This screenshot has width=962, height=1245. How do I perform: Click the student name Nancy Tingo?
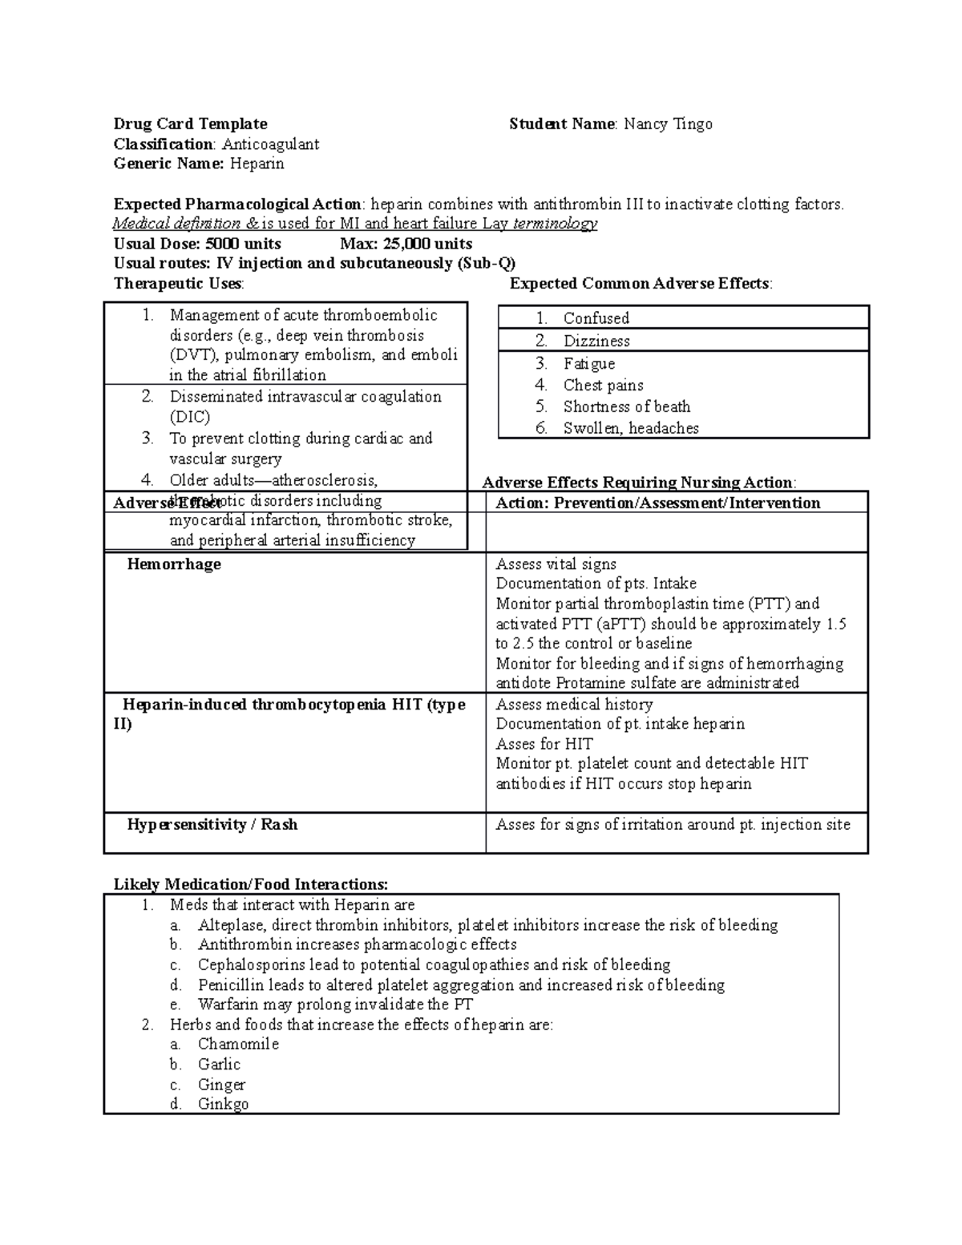tap(668, 124)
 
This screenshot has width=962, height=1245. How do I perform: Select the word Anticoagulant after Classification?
tap(270, 144)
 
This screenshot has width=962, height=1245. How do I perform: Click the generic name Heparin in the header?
tap(257, 164)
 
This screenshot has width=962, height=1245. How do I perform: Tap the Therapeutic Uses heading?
tap(178, 284)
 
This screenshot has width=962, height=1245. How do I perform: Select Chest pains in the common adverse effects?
tap(603, 386)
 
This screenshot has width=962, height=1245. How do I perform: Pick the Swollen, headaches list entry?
tap(630, 429)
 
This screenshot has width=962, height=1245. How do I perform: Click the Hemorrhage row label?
tap(174, 564)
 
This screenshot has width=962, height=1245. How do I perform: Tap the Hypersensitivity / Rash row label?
tap(212, 825)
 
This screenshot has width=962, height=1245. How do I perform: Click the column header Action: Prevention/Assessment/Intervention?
tap(657, 503)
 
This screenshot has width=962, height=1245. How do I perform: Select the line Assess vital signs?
tap(556, 564)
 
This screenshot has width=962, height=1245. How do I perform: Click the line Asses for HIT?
tap(544, 744)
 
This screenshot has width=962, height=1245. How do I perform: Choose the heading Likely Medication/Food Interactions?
tap(250, 885)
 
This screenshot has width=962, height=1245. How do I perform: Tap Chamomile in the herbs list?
tap(238, 1045)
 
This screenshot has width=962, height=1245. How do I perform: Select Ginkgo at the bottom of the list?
tap(223, 1104)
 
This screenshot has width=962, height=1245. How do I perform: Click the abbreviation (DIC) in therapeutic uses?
tap(189, 417)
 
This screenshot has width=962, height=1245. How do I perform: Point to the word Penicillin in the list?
tap(231, 985)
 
